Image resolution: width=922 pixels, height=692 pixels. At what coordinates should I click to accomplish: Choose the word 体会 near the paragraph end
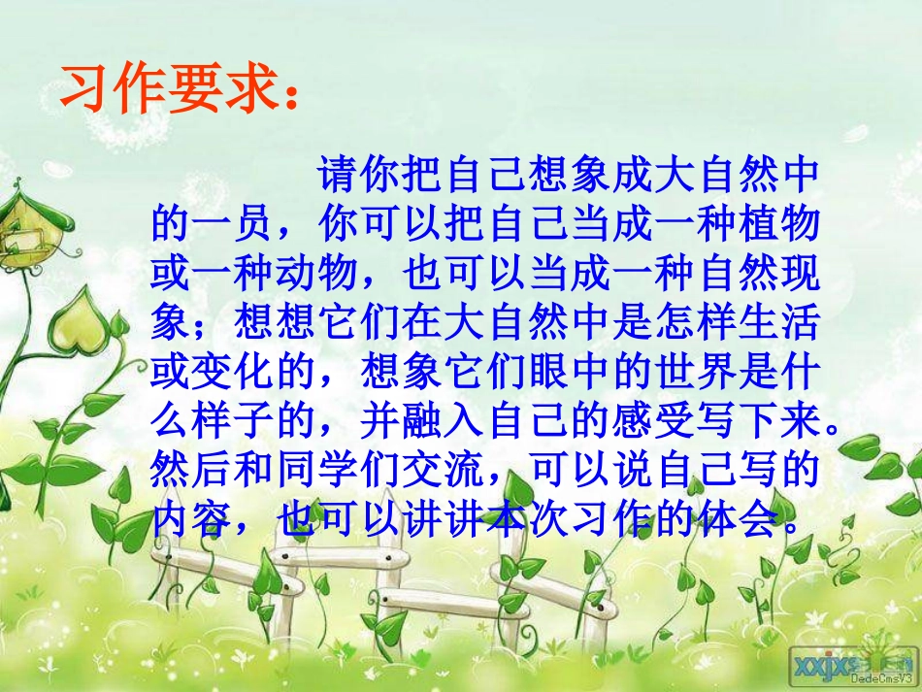(739, 521)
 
